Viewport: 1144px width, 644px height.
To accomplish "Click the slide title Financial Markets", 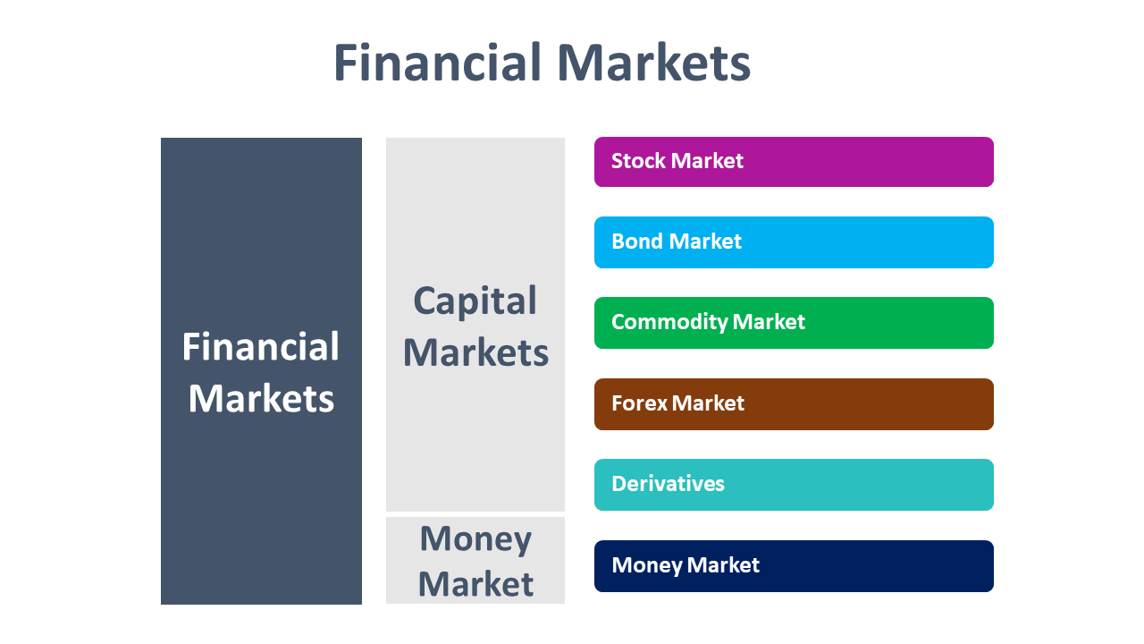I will click(542, 64).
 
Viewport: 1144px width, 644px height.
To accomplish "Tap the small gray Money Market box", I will click(475, 561).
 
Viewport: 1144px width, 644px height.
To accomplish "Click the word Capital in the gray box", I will click(475, 301).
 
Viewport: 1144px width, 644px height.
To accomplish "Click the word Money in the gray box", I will click(475, 539).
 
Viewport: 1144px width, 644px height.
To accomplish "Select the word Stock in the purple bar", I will click(638, 161).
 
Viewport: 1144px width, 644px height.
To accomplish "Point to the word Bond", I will click(637, 241).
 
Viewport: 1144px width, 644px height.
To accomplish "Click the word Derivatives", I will click(668, 484).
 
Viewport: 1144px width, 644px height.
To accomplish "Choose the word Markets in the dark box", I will click(261, 399).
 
